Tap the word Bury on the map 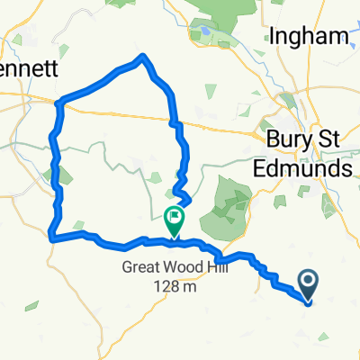(291, 140)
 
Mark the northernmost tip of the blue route (141, 57)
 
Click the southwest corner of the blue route (49, 238)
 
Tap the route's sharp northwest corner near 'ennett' (58, 102)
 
